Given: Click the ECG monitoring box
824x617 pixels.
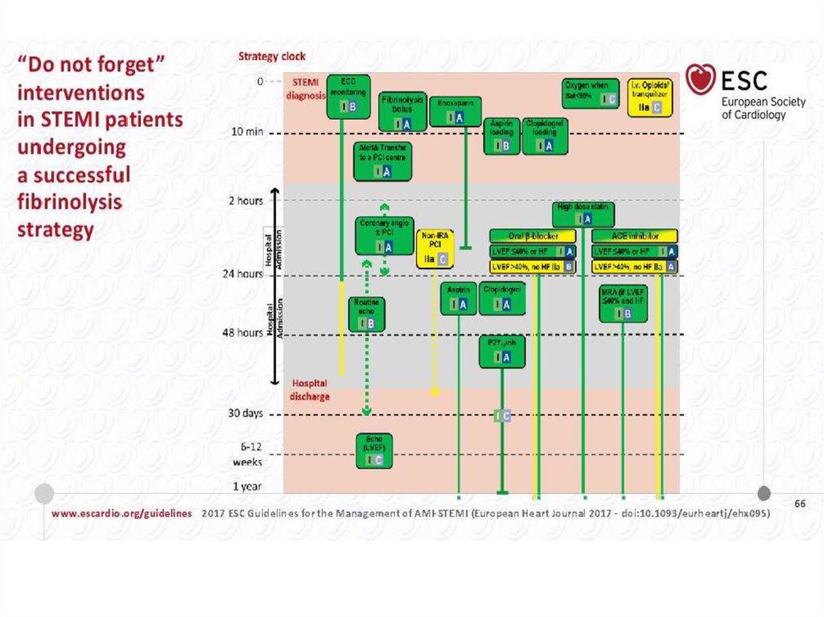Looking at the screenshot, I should (348, 97).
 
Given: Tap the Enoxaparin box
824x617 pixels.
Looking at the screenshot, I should (455, 112).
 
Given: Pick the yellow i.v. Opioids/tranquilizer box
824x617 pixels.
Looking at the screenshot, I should (653, 97).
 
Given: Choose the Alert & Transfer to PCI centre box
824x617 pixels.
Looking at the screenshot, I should (383, 162).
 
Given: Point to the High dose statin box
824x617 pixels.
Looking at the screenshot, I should (583, 214).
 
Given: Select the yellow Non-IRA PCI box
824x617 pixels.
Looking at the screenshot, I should (434, 248).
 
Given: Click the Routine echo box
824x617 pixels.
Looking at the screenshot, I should (365, 313).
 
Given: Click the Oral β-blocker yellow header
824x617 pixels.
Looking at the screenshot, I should (533, 236).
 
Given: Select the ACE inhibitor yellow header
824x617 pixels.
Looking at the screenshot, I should (634, 236).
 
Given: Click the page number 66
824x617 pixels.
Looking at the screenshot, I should (800, 503).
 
